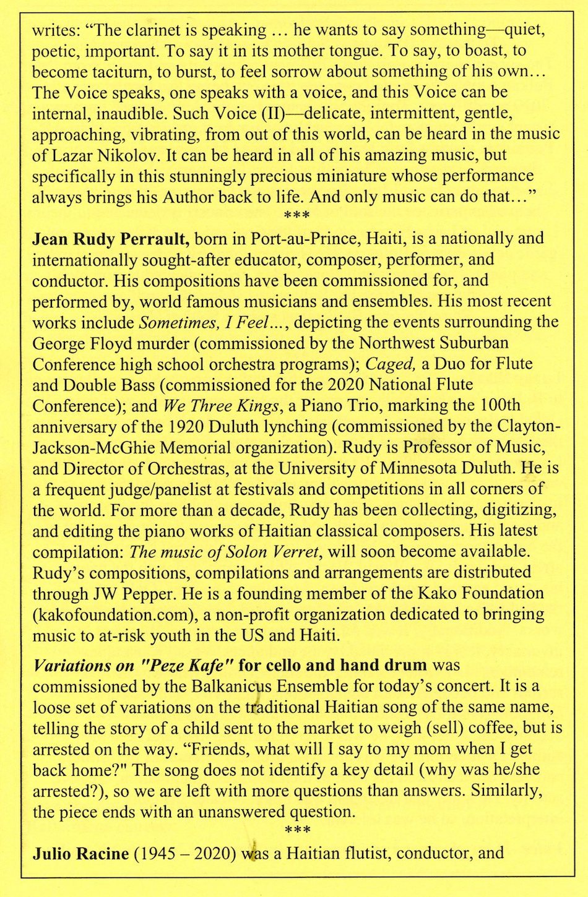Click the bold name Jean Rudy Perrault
click(110, 239)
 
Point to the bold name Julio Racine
click(80, 854)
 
